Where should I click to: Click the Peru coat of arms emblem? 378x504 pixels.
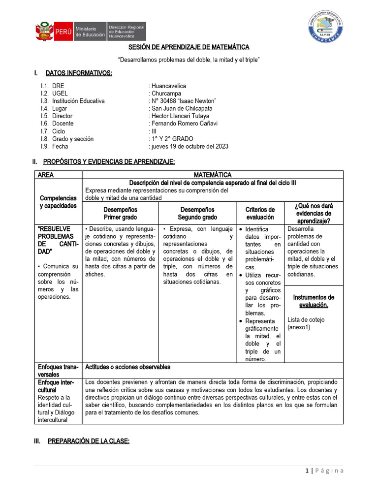coord(44,31)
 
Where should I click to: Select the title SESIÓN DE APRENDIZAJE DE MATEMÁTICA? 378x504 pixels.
coord(189,47)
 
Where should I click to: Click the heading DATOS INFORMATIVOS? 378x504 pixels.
coord(79,73)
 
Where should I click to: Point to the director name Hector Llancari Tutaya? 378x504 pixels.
coord(181,116)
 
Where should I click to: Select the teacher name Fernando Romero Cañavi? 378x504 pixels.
coord(185,124)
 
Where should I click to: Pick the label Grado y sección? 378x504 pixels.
coord(73,139)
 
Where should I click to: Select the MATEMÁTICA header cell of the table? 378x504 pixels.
coord(212,175)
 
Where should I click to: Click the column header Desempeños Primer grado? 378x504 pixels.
coord(120,213)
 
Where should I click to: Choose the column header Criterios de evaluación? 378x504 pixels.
coord(260,213)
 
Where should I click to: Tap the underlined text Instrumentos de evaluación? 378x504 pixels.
coord(314,301)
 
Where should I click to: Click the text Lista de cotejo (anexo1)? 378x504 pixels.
coord(306,323)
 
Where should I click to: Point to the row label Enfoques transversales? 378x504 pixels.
coord(58,371)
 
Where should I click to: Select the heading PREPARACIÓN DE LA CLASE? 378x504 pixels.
coord(88,441)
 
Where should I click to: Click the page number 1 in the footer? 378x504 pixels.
coord(307,471)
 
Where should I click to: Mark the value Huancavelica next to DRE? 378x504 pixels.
coord(169,86)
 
